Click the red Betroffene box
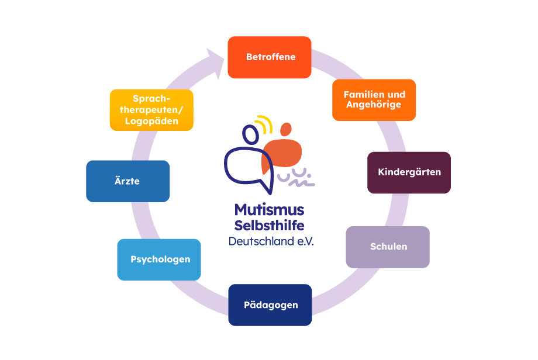pos(270,57)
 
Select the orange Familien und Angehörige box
pos(374,100)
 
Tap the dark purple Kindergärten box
pos(409,172)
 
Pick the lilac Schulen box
pos(388,247)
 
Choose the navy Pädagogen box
pos(270,304)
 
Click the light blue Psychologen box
pos(160,259)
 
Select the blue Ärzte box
pos(127,181)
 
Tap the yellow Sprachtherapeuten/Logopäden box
pos(151,110)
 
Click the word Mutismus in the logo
pos(270,210)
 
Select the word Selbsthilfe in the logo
pos(270,225)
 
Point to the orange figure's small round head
pos(286,129)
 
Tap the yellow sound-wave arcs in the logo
pos(264,124)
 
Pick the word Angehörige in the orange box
pos(374,105)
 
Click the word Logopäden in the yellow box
pos(151,122)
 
